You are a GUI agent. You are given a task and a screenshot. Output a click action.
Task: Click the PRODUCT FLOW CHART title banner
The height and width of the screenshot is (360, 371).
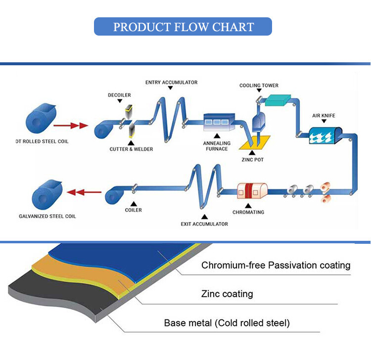183,27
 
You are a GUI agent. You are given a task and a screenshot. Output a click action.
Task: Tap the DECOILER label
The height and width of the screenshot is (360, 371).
119,94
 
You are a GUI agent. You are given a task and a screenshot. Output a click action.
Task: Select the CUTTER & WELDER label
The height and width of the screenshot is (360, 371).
131,149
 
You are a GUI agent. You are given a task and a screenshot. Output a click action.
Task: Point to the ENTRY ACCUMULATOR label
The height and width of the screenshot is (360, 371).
171,82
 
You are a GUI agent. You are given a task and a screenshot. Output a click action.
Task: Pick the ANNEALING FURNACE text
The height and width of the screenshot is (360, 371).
216,145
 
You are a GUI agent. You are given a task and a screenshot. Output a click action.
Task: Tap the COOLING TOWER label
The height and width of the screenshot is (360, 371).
259,86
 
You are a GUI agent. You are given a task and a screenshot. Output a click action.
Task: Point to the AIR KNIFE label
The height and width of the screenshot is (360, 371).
324,116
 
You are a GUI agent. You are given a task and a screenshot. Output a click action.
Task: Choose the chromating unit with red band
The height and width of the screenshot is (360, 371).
252,191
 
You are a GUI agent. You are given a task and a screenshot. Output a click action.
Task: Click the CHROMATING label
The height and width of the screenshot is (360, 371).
248,212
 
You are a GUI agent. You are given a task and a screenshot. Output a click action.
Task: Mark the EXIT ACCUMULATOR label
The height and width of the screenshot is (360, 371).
204,224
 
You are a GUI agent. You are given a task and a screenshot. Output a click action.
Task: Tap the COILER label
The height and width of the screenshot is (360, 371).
134,210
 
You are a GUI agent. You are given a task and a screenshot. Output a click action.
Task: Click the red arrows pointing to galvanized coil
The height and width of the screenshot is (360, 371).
81,192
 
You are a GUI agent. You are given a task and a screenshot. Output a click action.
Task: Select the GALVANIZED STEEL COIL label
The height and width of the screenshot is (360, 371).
47,216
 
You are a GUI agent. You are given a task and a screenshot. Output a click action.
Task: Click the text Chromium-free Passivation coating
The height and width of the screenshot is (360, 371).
276,266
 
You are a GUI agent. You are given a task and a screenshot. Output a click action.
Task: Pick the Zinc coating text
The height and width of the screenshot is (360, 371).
227,294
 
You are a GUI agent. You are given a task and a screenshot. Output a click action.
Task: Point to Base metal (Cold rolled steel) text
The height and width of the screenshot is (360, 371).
227,323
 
